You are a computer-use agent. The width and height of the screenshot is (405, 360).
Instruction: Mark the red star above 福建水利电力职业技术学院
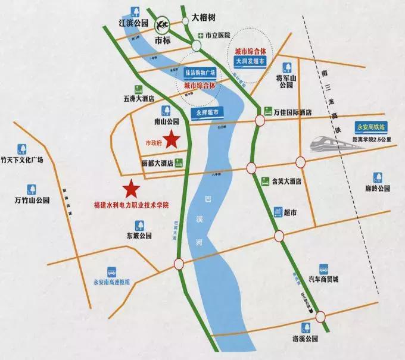131,190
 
